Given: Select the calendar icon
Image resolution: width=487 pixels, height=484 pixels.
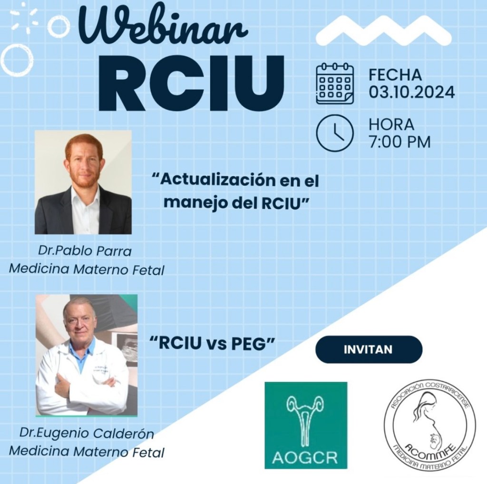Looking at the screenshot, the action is tap(335, 83).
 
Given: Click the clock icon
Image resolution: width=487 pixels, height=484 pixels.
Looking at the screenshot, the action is tap(335, 133).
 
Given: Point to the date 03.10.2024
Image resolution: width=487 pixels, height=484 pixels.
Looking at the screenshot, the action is tap(411, 92).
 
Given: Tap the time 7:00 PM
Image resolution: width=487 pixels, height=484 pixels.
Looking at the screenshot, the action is tap(399, 142).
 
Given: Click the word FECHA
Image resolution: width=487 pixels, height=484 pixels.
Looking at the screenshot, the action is tap(395, 75).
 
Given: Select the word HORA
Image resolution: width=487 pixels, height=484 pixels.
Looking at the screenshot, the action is tap(391, 124).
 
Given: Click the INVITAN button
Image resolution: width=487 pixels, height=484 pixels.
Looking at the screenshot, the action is tap(369, 349).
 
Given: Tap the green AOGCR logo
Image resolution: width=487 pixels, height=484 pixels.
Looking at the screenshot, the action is tap(306, 425).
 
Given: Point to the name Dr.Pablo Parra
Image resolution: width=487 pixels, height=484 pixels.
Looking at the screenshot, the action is tap(85, 251).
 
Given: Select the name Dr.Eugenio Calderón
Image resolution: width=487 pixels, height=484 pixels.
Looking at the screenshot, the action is tap(87, 434).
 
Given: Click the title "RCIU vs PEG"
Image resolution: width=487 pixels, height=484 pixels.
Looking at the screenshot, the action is tap(213, 343).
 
